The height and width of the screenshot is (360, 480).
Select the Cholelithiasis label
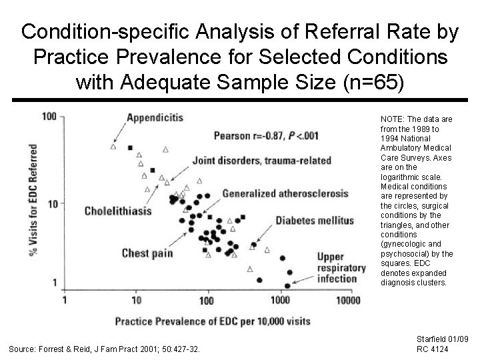pyautogui.click(x=118, y=211)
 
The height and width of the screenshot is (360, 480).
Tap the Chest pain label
pyautogui.click(x=147, y=253)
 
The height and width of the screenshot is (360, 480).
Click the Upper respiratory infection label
pyautogui.click(x=341, y=267)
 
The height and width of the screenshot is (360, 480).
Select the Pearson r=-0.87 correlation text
pyautogui.click(x=266, y=135)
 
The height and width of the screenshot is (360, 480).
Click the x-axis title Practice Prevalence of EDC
pyautogui.click(x=213, y=321)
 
